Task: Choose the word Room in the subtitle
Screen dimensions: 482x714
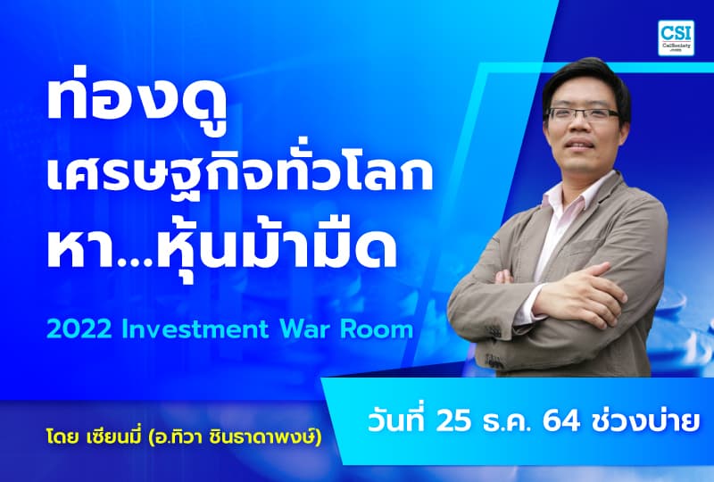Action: pyautogui.click(x=381, y=328)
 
